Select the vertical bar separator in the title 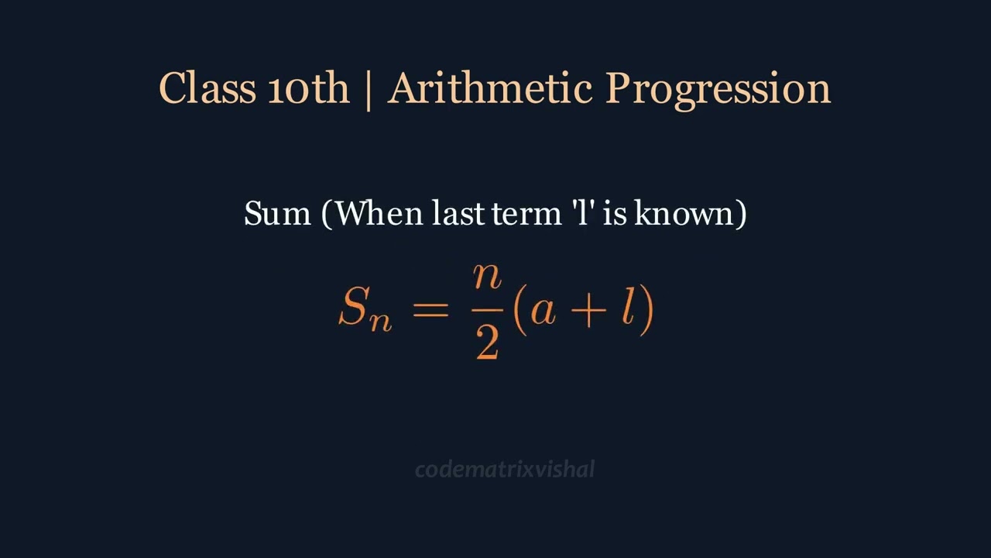tap(368, 88)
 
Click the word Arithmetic tap(489, 88)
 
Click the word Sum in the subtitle tap(277, 213)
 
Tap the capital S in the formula tap(352, 308)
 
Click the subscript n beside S tap(380, 320)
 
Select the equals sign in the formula tap(430, 308)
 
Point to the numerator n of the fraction tap(487, 278)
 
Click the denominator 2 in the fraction tap(487, 343)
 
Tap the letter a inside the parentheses tap(543, 311)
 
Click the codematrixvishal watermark tap(505, 469)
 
